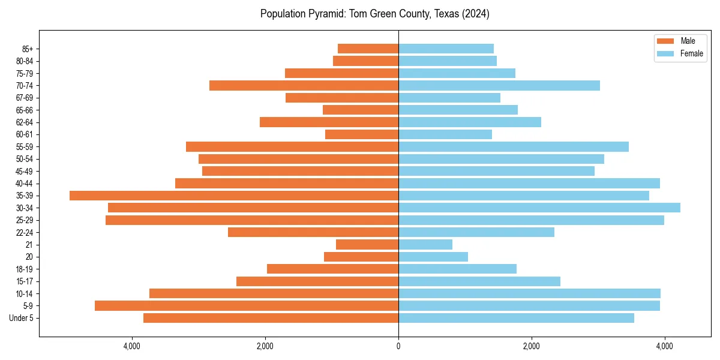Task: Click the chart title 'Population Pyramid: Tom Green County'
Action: tap(374, 14)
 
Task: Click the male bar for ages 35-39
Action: tap(234, 196)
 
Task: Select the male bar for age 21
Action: tap(367, 244)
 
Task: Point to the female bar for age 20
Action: tap(433, 257)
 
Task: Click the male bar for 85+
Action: tap(368, 49)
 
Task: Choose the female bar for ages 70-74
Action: tap(499, 85)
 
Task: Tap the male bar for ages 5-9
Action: tap(247, 305)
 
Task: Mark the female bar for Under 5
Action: tap(516, 318)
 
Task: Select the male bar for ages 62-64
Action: tap(329, 122)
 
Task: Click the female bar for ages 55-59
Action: tap(514, 146)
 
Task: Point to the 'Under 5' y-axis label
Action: tap(21, 318)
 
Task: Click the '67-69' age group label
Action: tap(25, 98)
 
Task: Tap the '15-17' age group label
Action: tap(25, 281)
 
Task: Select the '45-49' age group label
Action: tap(25, 171)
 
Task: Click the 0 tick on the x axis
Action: tap(398, 346)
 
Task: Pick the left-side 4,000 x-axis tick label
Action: tap(132, 346)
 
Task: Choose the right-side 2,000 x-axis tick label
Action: tap(532, 346)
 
